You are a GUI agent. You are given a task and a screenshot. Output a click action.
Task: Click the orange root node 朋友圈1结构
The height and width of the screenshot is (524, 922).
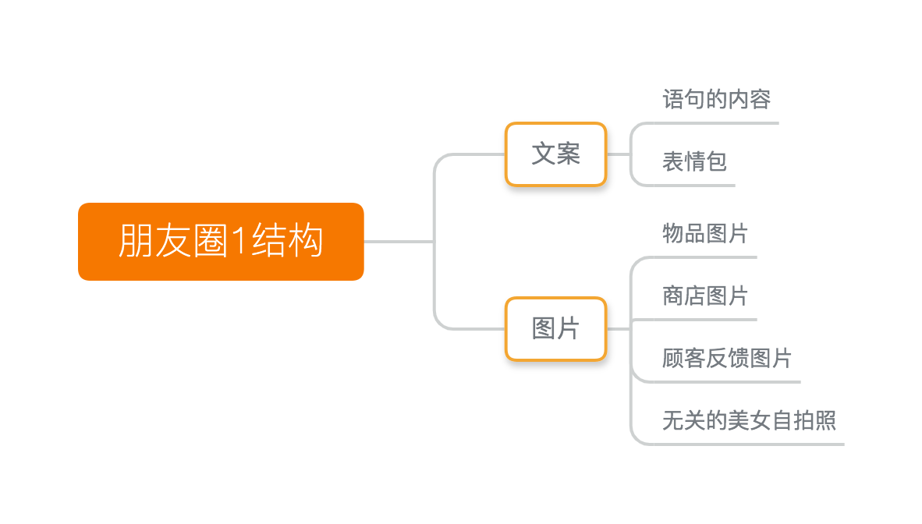click(x=221, y=242)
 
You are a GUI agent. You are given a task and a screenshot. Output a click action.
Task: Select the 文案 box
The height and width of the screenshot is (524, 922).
click(x=555, y=154)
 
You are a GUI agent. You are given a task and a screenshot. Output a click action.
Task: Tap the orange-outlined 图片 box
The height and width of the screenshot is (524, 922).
click(x=555, y=329)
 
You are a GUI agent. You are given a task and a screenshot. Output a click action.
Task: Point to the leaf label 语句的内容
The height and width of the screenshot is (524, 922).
click(x=717, y=99)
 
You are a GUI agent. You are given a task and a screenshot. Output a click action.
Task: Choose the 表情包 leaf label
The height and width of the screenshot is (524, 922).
click(x=695, y=161)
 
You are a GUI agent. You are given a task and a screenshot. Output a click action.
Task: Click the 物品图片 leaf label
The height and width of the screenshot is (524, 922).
click(x=706, y=233)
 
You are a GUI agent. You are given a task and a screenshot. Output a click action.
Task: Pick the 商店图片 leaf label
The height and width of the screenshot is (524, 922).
click(x=706, y=296)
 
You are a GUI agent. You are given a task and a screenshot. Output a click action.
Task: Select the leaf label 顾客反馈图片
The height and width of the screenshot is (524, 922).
click(x=727, y=358)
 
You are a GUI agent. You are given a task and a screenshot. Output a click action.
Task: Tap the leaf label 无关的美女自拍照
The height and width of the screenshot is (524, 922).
click(x=749, y=420)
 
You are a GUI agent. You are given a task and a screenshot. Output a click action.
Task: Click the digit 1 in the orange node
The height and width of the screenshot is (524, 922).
click(x=239, y=241)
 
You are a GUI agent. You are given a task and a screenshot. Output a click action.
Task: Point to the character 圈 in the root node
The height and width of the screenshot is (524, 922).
click(x=211, y=241)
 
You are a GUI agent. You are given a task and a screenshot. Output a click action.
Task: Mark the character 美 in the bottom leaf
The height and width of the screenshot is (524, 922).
click(x=739, y=420)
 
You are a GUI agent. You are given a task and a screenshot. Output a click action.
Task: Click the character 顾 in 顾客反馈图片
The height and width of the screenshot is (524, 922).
click(x=673, y=358)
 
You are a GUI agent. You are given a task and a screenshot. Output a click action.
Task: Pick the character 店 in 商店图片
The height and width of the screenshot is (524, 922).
click(x=695, y=296)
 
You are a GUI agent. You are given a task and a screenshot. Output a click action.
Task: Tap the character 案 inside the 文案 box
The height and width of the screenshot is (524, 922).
click(x=568, y=154)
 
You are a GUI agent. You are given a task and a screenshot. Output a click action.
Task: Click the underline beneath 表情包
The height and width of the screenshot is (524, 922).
click(x=694, y=186)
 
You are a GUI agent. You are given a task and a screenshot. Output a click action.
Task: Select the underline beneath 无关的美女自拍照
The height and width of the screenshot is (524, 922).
click(x=749, y=444)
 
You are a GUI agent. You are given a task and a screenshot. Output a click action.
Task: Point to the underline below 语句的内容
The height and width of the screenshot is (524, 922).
click(x=715, y=123)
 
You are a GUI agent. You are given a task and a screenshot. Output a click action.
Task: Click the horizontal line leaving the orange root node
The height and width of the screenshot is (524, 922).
click(x=399, y=242)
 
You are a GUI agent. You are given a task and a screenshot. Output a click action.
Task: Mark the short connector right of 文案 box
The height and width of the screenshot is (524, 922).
click(x=619, y=154)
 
